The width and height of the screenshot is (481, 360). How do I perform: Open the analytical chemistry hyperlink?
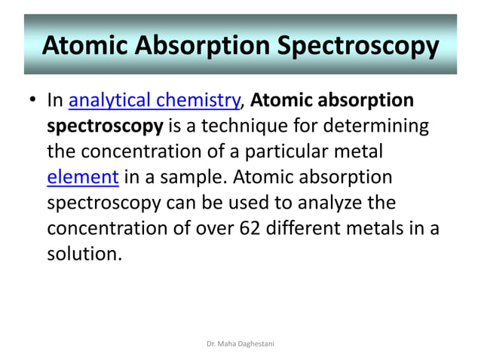pyautogui.click(x=155, y=100)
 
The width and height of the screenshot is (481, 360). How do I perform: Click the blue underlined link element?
pyautogui.click(x=82, y=178)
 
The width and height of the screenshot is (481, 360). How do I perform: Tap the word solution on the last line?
pyautogui.click(x=83, y=255)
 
